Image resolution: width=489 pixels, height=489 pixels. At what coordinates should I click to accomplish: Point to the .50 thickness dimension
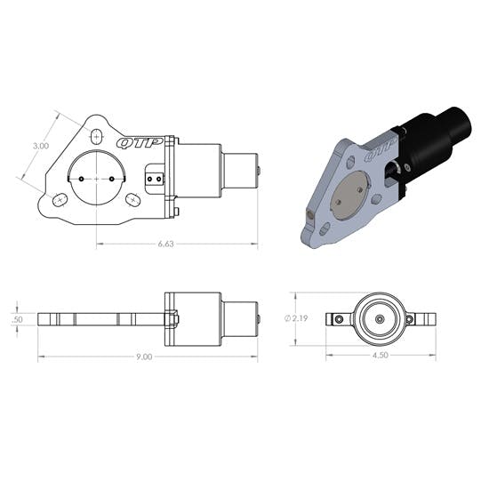[x=18, y=319]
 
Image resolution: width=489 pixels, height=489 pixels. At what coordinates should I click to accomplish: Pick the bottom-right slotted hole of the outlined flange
[x=132, y=200]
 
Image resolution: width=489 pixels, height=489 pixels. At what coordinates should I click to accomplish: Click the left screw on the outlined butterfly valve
[x=81, y=178]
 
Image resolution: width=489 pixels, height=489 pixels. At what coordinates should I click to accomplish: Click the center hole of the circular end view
[x=379, y=318]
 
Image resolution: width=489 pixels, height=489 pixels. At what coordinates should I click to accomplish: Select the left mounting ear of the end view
[x=336, y=318]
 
